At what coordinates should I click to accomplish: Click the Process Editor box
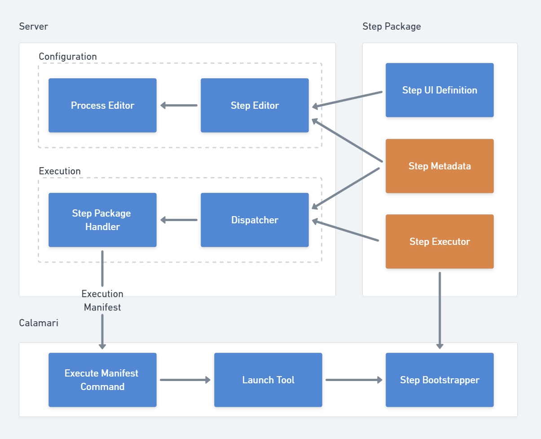click(102, 106)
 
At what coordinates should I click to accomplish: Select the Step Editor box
click(255, 106)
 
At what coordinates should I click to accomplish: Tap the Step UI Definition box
click(440, 90)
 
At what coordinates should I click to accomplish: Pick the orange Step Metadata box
click(440, 166)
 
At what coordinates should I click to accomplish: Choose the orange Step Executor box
click(440, 242)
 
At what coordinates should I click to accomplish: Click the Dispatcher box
click(255, 220)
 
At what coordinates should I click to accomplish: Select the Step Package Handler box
click(102, 220)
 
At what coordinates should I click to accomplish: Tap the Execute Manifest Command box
click(102, 380)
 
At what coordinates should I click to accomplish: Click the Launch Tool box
click(268, 380)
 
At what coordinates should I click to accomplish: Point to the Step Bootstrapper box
click(440, 380)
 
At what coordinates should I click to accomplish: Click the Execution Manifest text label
click(102, 301)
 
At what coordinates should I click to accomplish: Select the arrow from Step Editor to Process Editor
click(179, 106)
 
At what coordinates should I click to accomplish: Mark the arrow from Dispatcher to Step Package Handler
click(179, 220)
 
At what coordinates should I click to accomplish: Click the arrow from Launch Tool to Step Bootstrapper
click(354, 380)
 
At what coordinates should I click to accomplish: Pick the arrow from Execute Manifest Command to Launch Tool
click(185, 380)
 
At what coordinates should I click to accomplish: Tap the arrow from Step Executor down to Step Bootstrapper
click(440, 310)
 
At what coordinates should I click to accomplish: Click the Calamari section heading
click(39, 323)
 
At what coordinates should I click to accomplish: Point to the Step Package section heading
click(391, 27)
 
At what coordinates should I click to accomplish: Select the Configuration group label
click(68, 57)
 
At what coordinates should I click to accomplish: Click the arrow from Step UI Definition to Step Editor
click(347, 99)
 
